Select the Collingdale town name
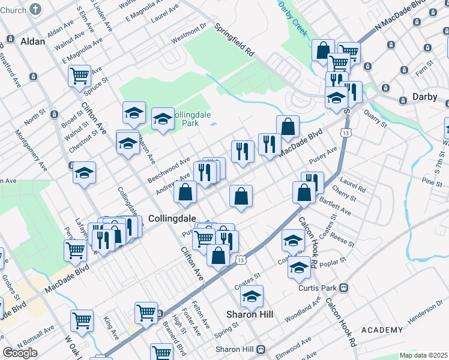click(170, 218)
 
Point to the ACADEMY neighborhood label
click(382, 330)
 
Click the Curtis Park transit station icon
click(343, 287)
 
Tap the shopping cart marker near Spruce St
click(79, 76)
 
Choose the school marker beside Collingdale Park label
click(163, 118)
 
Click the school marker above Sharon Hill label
click(252, 296)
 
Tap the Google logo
click(20, 353)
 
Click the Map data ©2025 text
click(423, 355)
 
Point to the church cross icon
click(36, 9)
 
